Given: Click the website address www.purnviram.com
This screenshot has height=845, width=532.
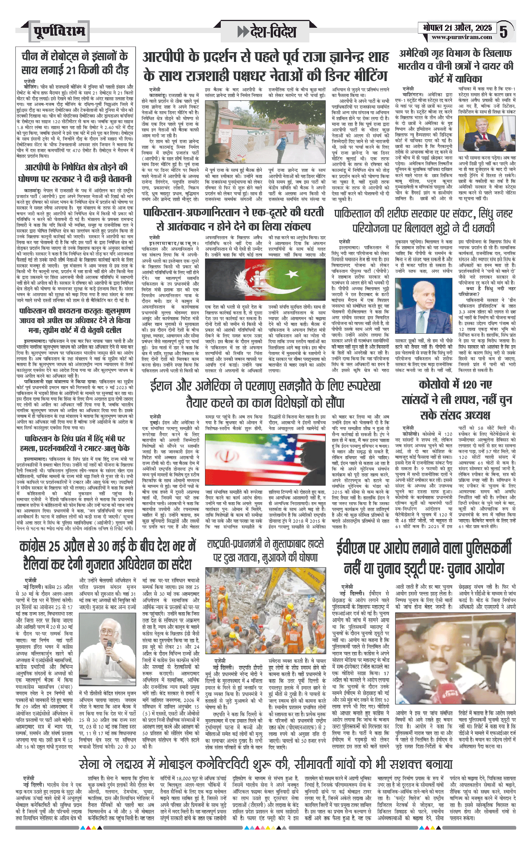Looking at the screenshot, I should [461, 37].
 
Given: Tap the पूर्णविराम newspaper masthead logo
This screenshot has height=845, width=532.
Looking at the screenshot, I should [59, 32].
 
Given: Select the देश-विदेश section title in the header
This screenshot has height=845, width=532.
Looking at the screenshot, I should [267, 32].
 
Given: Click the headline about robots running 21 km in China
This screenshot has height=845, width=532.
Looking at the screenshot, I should [75, 63].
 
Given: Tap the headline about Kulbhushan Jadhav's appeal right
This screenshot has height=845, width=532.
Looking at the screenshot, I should [75, 321].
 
